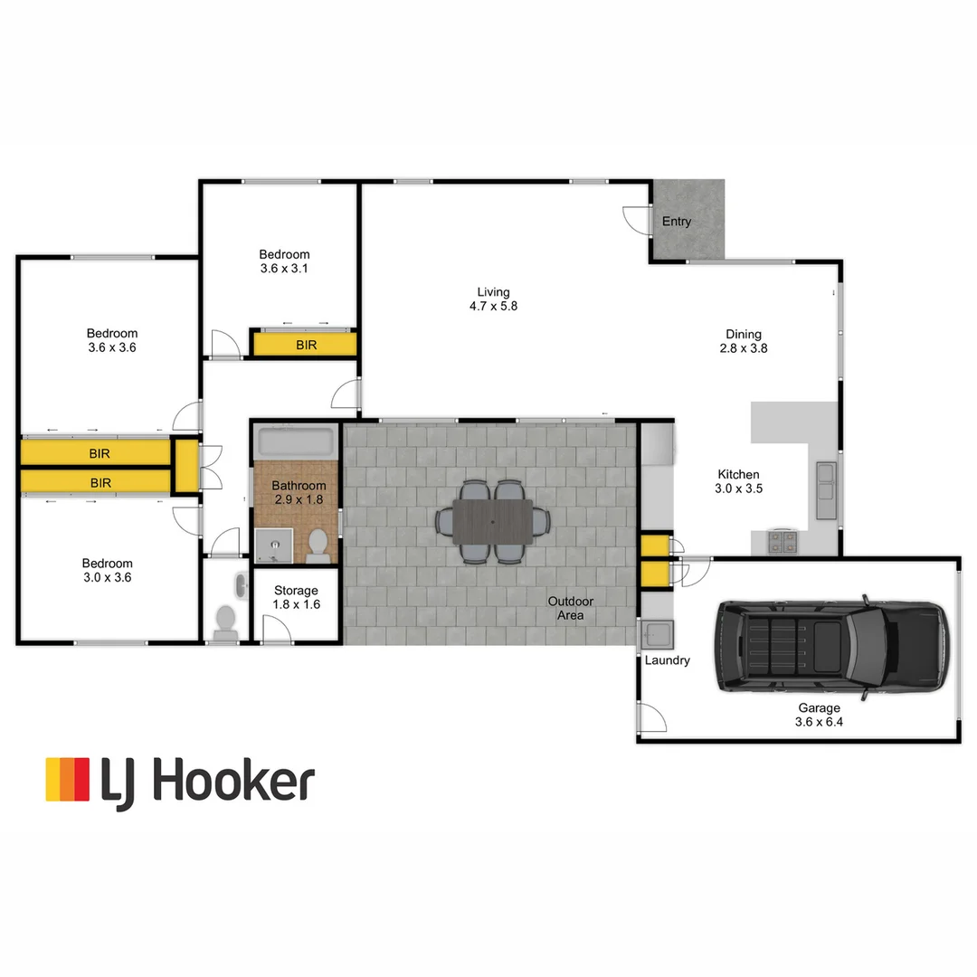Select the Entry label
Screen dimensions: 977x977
677,222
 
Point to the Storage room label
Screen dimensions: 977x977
296,598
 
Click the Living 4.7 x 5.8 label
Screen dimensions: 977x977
494,299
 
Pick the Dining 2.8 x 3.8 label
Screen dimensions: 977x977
744,341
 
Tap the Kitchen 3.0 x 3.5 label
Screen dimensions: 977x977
738,481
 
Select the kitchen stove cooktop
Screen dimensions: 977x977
783,542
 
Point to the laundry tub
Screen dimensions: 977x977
656,633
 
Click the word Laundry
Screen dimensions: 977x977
667,660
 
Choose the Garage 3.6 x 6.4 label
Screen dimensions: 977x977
818,715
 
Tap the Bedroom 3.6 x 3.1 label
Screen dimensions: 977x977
284,261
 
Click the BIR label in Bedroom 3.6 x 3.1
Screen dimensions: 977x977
307,345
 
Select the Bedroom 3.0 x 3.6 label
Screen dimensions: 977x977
107,570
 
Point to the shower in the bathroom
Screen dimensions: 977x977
274,546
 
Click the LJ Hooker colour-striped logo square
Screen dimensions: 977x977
68,780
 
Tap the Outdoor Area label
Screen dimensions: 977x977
571,608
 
